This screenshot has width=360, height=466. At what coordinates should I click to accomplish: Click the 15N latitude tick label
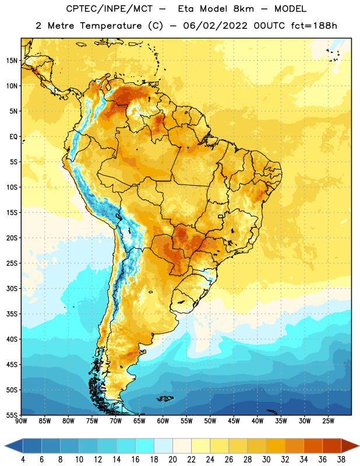coord(12,61)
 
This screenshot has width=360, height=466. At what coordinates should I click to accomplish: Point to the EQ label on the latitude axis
coord(13,137)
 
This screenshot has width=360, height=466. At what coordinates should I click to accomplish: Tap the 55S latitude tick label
coord(12,415)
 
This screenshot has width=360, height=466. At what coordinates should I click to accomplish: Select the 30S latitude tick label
coord(12,288)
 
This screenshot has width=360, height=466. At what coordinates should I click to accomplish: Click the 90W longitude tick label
coord(22,421)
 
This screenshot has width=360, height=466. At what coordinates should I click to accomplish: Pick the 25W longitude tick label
coord(328,421)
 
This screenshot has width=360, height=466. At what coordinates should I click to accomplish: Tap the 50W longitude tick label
coord(210,421)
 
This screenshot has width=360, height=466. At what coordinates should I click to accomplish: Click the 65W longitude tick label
coord(139,421)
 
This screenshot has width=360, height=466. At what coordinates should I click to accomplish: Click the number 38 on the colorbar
coord(341,460)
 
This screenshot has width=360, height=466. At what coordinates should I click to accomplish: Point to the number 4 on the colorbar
coord(23,460)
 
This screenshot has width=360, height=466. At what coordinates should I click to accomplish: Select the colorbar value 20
coord(172,460)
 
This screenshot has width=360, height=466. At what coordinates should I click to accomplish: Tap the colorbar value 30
coord(266,460)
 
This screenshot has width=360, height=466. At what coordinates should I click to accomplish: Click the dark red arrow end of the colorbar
coord(350,446)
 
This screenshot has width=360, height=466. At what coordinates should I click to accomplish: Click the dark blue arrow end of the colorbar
coord(14,446)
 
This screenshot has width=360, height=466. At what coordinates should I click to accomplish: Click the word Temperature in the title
coord(111,26)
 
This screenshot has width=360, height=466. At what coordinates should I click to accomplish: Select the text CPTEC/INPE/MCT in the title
coord(109,9)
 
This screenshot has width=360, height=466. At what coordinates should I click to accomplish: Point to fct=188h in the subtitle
coord(314,26)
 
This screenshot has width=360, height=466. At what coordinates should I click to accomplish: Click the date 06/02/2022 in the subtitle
coord(215,26)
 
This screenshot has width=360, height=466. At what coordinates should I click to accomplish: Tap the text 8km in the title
coord(243,9)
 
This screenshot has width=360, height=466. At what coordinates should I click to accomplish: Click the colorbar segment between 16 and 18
coord(145,446)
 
